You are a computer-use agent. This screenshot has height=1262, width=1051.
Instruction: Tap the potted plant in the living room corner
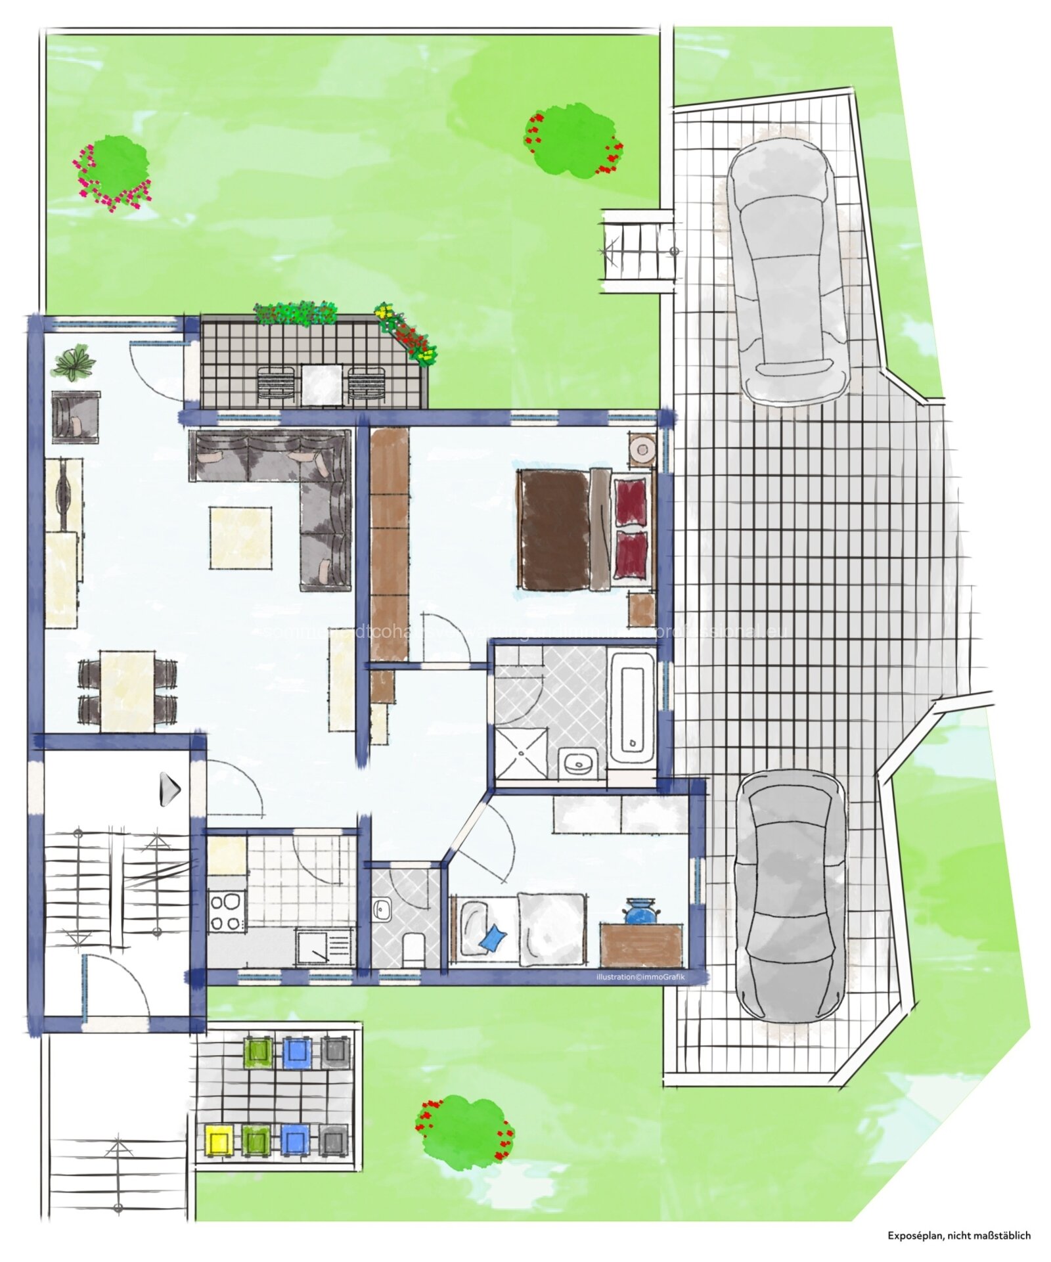pos(74,362)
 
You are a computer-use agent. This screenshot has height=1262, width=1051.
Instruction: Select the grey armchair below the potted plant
pos(76,417)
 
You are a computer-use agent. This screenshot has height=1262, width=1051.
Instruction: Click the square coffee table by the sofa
pos(240,538)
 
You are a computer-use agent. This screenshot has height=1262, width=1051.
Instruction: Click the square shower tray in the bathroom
pos(521,752)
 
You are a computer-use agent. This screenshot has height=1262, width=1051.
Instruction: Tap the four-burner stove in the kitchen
pos(227,912)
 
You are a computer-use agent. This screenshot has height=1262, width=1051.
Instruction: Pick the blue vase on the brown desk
pos(639,913)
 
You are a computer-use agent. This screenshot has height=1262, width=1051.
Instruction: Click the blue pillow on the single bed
pos(493,937)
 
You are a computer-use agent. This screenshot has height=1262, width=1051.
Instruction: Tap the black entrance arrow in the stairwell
pos(170,789)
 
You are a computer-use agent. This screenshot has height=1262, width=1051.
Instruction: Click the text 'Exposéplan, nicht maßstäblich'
pos(959,1236)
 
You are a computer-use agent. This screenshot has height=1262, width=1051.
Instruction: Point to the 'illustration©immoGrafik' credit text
pos(640,977)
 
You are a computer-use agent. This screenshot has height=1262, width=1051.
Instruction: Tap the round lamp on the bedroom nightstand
pos(640,450)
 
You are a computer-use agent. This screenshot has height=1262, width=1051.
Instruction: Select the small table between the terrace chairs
pos(322,384)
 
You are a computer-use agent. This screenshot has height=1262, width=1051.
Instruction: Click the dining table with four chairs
pos(127,690)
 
